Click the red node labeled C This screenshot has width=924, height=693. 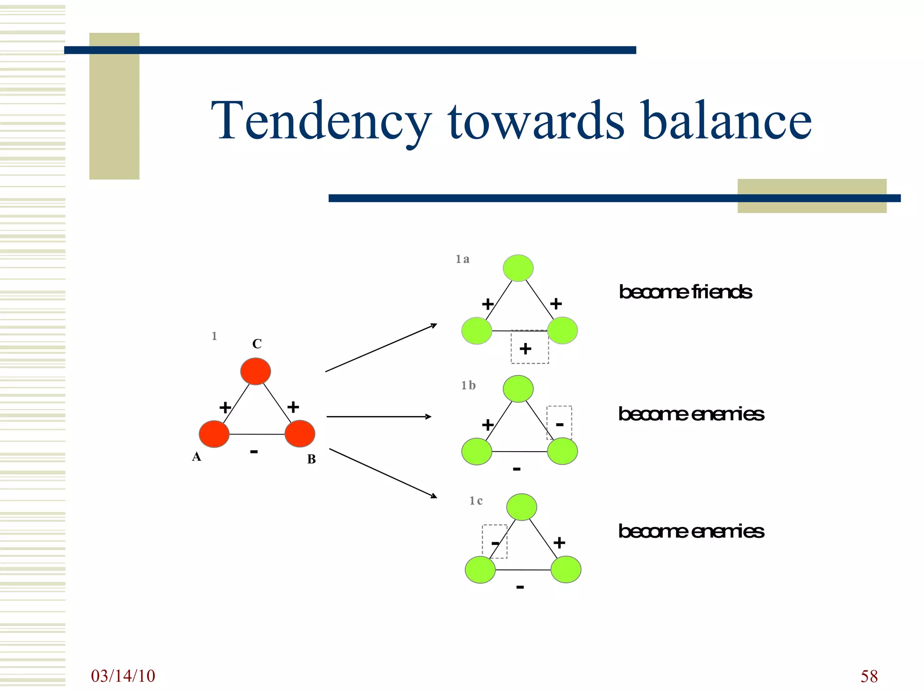[255, 371]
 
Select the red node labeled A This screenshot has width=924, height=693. [214, 434]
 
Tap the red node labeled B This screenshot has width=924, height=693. [300, 434]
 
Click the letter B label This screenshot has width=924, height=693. [311, 459]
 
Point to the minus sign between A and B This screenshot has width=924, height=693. [254, 451]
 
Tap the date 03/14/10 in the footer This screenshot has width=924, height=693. [123, 676]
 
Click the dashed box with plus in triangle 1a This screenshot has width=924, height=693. [530, 347]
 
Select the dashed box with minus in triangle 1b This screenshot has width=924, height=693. [559, 423]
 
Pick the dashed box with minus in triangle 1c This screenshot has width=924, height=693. [494, 541]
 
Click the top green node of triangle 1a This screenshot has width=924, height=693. [518, 268]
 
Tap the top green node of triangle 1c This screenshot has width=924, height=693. [522, 507]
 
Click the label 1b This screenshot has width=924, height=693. [468, 385]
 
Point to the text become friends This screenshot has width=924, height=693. [685, 292]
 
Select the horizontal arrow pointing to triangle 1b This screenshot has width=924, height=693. [379, 416]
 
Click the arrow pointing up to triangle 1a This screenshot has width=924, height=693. [381, 347]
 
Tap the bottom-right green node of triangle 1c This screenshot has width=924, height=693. [566, 569]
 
